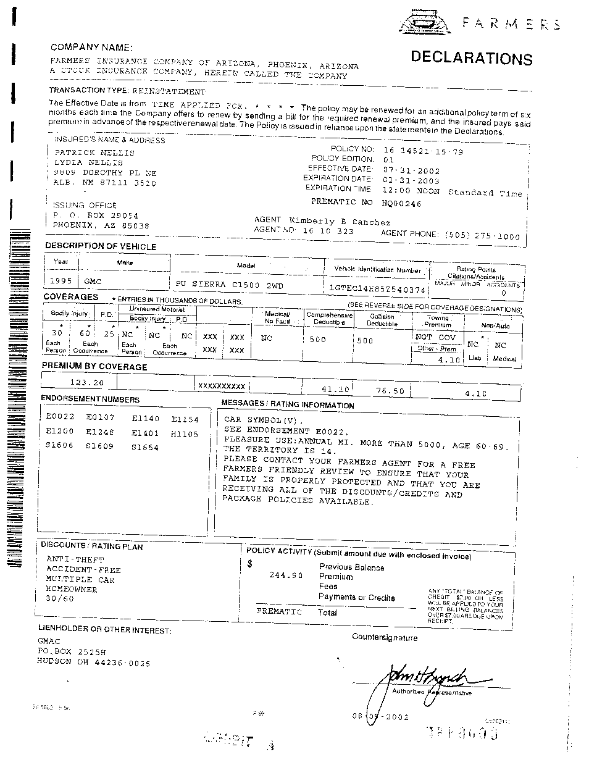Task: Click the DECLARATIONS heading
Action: (x=471, y=58)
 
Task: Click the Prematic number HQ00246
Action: (x=401, y=203)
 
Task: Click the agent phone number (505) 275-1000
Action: (x=478, y=235)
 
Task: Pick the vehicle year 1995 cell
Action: (x=62, y=281)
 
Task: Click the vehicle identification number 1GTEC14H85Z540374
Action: (x=378, y=289)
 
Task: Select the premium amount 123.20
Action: (x=86, y=382)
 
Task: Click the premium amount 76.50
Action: (x=390, y=390)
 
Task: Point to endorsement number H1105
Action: (x=185, y=434)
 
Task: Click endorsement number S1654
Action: (x=145, y=448)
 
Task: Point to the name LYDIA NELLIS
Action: (x=89, y=162)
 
